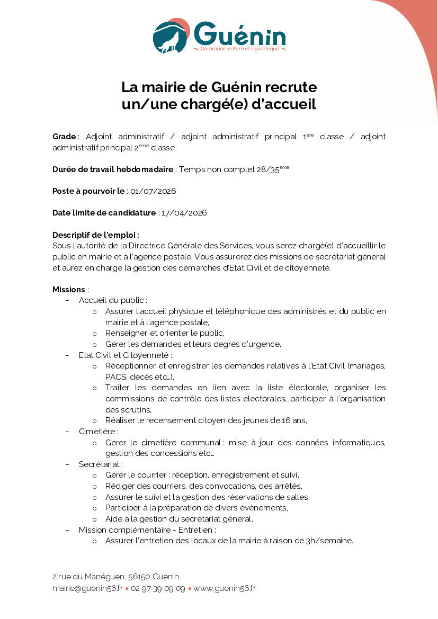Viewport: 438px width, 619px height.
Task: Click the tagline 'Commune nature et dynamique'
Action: [240, 49]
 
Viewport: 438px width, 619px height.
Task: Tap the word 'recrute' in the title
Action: [291, 86]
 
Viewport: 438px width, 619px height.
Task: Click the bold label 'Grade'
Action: [64, 137]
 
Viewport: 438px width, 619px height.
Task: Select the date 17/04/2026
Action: [184, 213]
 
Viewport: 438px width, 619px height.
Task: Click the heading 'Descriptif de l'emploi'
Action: [95, 235]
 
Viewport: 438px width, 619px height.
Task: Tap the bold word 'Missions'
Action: [69, 290]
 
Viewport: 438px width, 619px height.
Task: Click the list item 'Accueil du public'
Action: [112, 300]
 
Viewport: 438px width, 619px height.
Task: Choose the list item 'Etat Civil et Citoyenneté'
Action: [124, 355]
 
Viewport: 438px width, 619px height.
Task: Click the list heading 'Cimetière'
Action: [98, 432]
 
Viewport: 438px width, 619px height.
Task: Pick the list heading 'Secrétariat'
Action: [100, 464]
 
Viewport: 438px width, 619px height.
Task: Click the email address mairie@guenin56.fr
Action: [87, 588]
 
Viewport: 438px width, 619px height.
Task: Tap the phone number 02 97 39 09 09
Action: [158, 588]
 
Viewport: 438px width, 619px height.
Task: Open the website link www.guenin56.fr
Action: [225, 588]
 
